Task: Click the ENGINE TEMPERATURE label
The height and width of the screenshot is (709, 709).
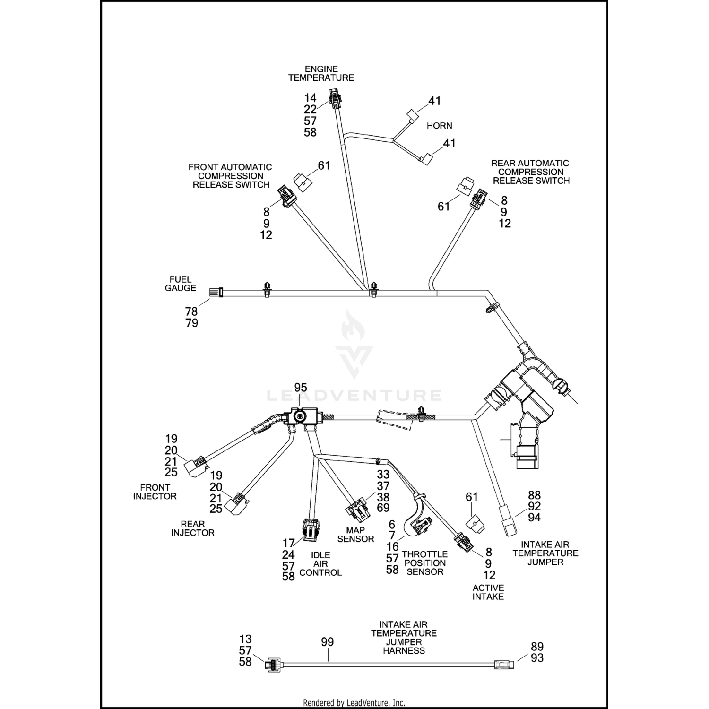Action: click(x=321, y=73)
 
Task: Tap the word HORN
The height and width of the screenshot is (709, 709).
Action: click(x=439, y=126)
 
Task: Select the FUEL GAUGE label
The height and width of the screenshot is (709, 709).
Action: click(x=180, y=284)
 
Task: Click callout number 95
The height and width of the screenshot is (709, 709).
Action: click(x=301, y=388)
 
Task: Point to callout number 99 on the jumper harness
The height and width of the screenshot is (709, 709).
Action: click(x=327, y=642)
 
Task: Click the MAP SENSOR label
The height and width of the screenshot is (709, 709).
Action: click(x=356, y=535)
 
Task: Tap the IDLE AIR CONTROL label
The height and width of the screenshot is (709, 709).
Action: click(x=320, y=563)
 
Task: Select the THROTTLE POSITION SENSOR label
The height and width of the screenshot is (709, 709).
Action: click(x=424, y=562)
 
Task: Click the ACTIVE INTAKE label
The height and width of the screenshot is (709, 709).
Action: click(x=488, y=592)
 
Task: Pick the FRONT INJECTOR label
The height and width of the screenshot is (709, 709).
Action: click(x=155, y=492)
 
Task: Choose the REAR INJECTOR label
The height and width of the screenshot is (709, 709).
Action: click(x=192, y=528)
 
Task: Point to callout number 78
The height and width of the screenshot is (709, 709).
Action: click(x=191, y=311)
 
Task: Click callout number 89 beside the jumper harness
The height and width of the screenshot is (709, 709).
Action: click(x=537, y=647)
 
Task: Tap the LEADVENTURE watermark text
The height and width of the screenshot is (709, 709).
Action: click(x=354, y=395)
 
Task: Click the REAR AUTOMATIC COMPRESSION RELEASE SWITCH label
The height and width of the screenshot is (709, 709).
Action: click(x=531, y=172)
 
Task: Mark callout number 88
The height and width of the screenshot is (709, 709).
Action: click(x=534, y=495)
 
